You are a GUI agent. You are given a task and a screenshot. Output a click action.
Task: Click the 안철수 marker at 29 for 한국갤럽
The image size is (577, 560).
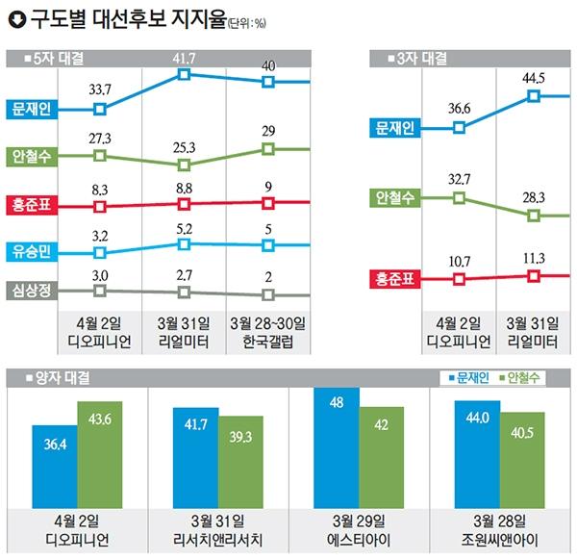[269, 148]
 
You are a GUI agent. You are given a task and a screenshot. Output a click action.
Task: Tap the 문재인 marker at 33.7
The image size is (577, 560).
[99, 109]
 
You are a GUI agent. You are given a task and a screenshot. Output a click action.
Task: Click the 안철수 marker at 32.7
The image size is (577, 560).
[460, 198]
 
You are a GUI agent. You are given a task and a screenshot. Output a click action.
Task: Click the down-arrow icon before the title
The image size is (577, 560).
[14, 18]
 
